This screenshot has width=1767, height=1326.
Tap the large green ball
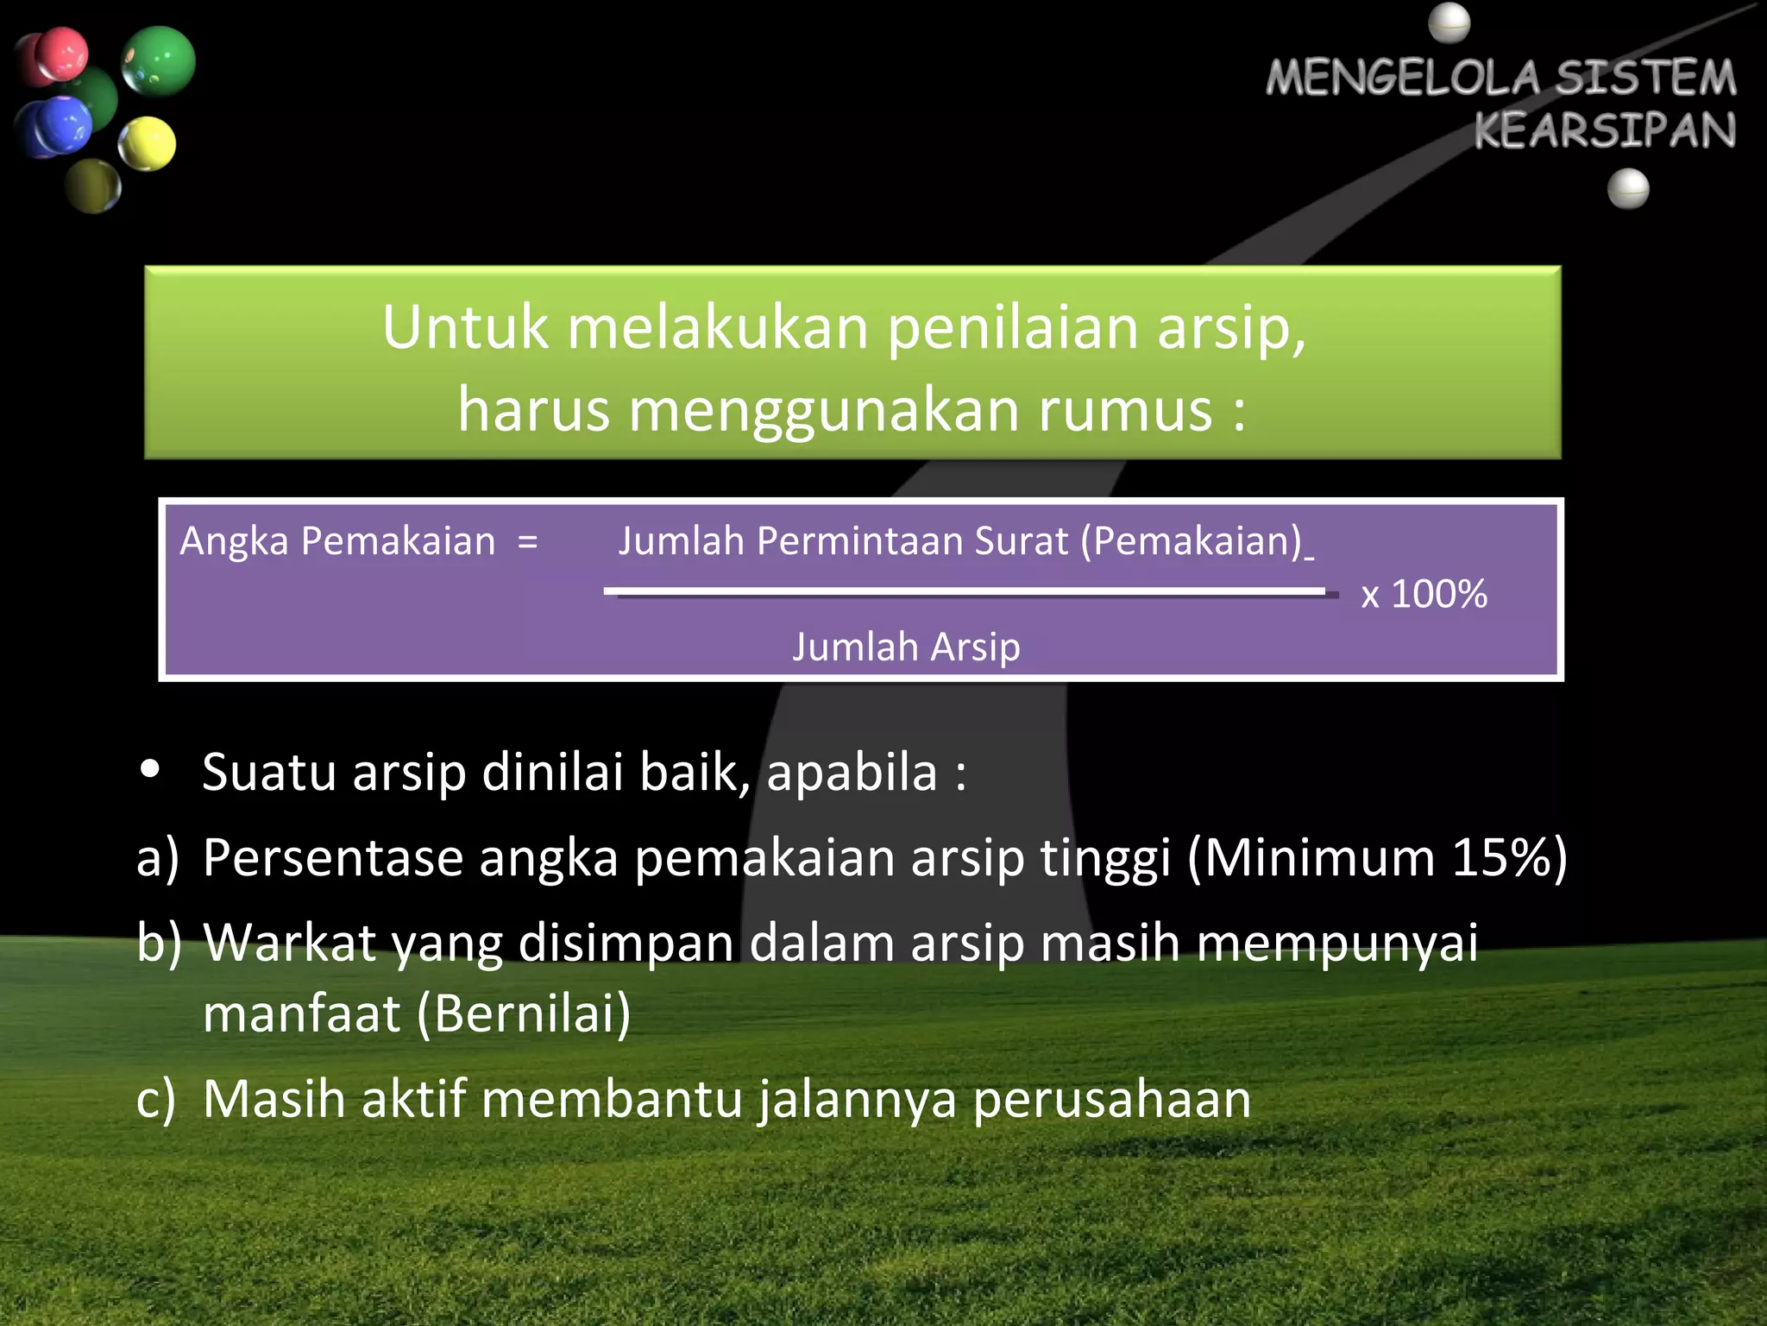point(159,60)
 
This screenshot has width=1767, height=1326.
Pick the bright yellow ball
point(147,143)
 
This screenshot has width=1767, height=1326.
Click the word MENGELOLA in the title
point(1403,78)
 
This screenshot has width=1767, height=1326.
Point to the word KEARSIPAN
point(1604,131)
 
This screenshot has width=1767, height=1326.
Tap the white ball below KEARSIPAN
point(1628,189)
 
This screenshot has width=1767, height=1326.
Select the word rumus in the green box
point(1125,410)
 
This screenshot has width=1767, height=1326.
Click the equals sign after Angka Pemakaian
point(528,542)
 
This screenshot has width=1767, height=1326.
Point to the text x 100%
point(1424,594)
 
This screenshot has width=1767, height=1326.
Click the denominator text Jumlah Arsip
point(906,647)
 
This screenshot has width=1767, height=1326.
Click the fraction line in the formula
point(966,592)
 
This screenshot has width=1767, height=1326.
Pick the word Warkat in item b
point(290,942)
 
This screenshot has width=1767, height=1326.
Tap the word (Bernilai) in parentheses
point(524,1013)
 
